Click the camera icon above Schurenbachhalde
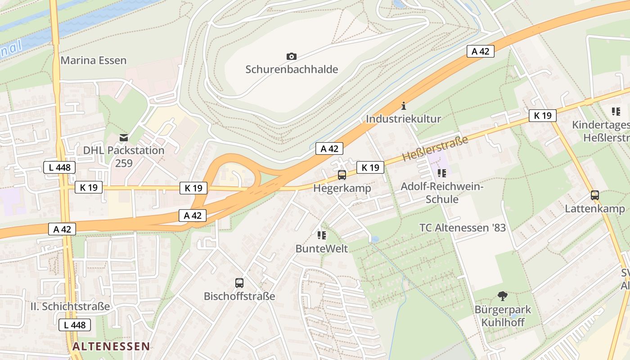tap(291, 56)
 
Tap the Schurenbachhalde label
tap(291, 69)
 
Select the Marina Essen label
tap(94, 60)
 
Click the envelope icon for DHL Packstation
tap(124, 137)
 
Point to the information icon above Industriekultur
tap(403, 106)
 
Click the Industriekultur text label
tap(403, 119)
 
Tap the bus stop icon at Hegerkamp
tap(342, 175)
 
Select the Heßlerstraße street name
tap(435, 148)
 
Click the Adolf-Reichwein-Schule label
tap(442, 193)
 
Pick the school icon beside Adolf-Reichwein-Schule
tap(441, 173)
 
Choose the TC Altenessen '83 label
tap(463, 228)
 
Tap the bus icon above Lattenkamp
tap(595, 195)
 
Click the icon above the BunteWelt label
tap(321, 235)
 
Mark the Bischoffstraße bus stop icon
tap(239, 283)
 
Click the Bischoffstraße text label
tap(239, 296)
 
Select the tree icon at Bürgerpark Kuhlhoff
tap(503, 296)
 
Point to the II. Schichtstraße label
tap(70, 306)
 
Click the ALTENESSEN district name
tap(111, 346)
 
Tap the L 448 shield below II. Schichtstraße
tap(75, 325)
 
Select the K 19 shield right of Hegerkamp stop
tap(370, 168)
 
